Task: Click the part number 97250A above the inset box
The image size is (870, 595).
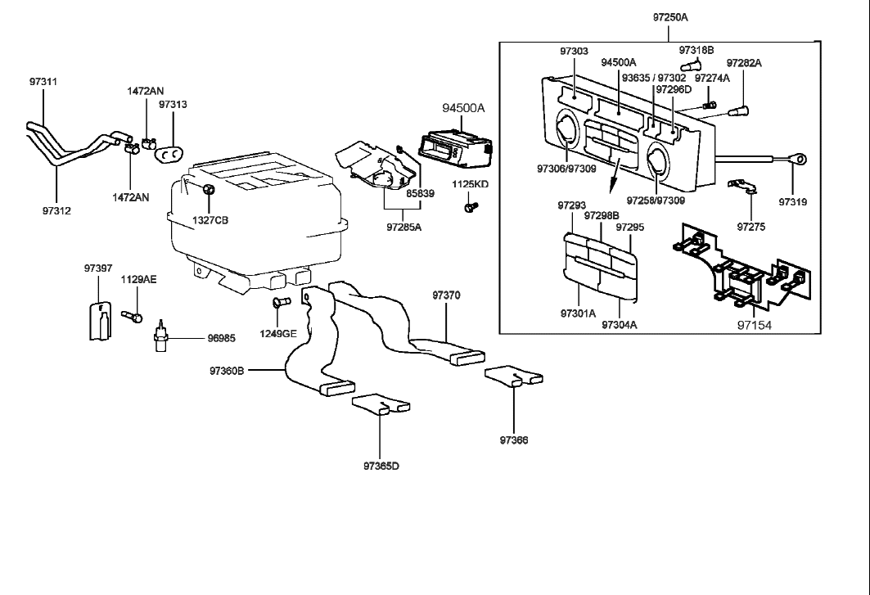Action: tap(670, 17)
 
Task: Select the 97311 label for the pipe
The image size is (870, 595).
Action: tap(43, 83)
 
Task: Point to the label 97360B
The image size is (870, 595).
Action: tap(227, 371)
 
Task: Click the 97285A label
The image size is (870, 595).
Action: tap(403, 227)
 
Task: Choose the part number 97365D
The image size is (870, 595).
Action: tap(381, 466)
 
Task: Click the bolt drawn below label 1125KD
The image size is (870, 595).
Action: tap(469, 208)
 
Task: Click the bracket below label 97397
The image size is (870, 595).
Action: tap(97, 319)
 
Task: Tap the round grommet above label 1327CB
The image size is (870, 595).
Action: tap(208, 191)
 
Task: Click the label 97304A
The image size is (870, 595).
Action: tap(620, 324)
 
